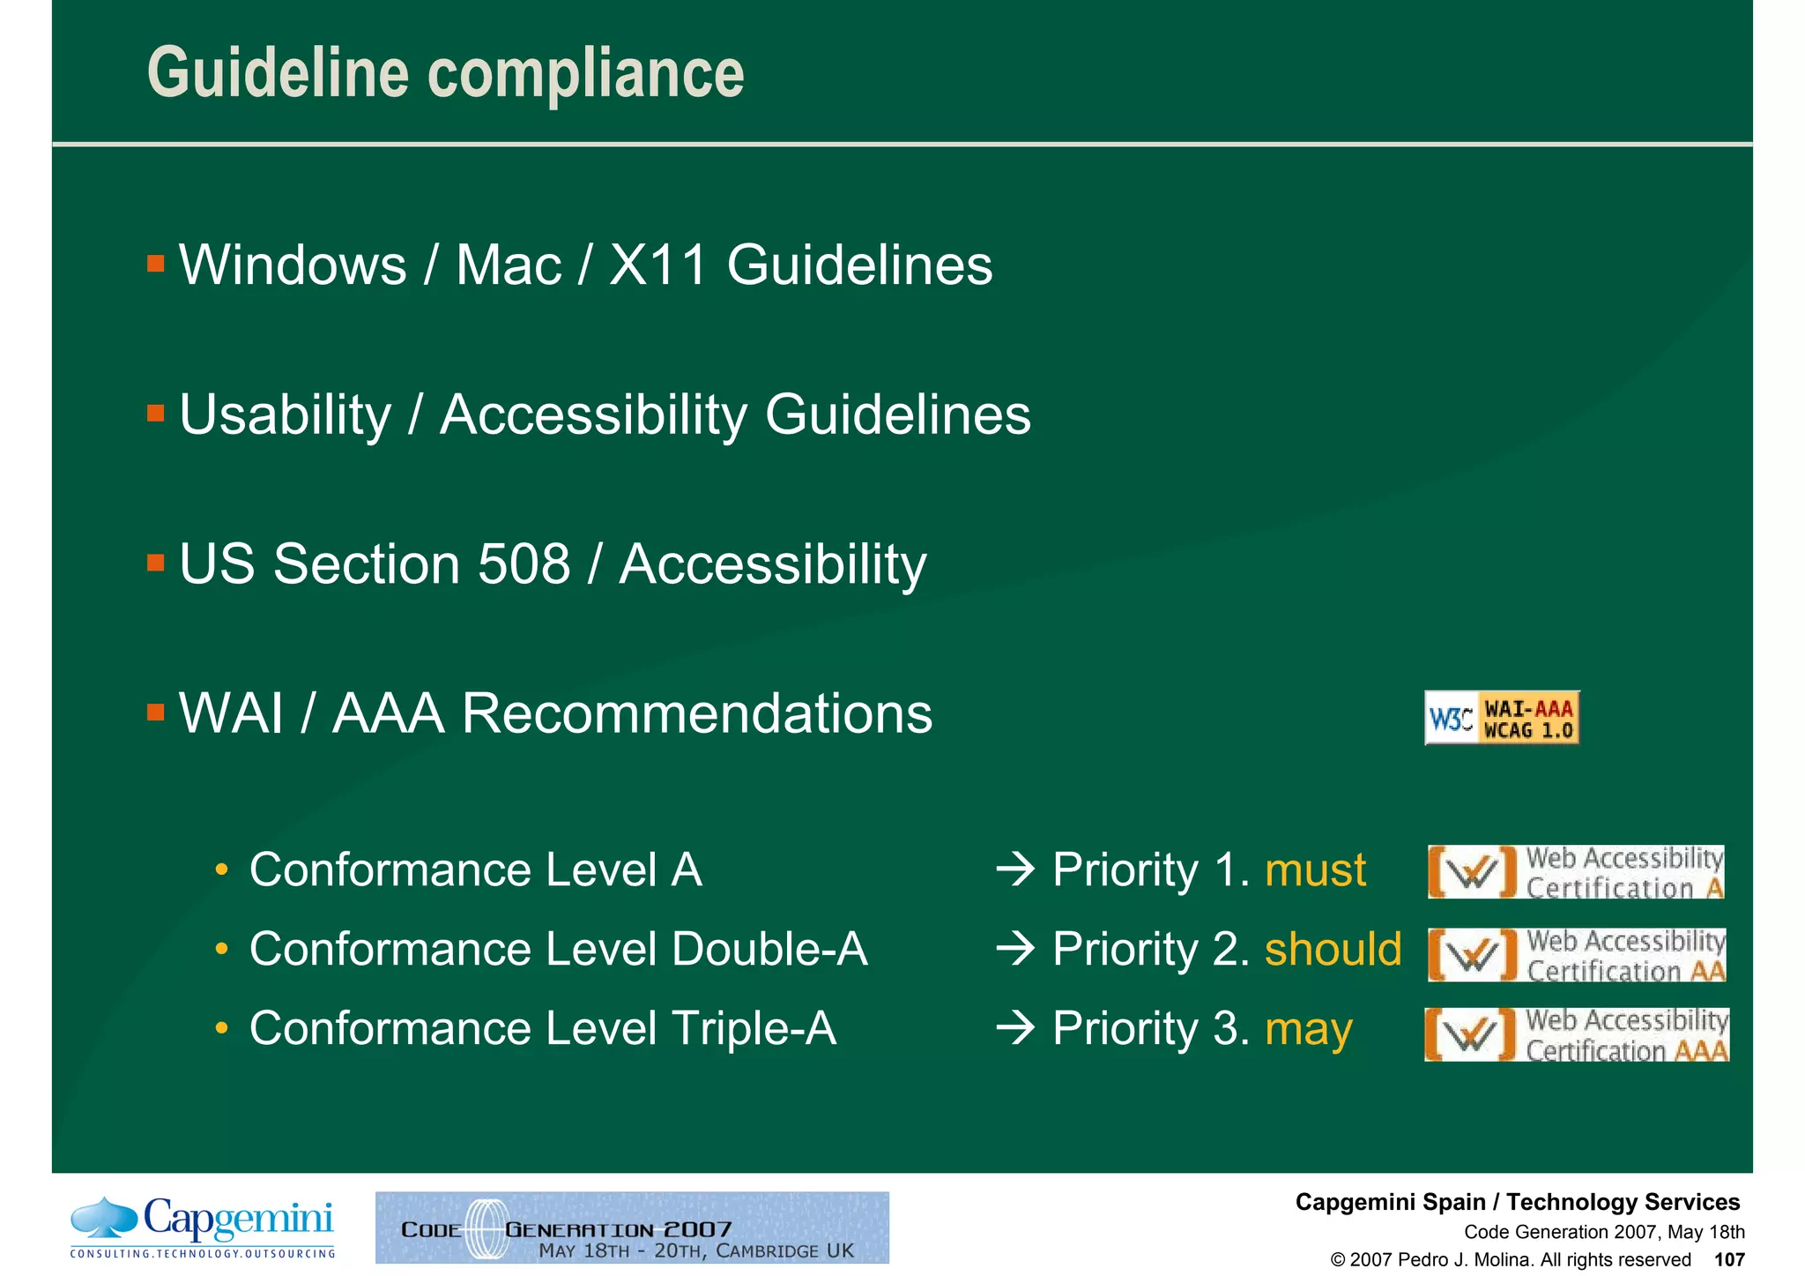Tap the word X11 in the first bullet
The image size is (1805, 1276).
pos(657,265)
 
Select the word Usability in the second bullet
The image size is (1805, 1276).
pos(285,414)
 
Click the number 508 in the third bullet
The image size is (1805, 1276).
pos(524,563)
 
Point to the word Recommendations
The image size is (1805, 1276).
pos(696,713)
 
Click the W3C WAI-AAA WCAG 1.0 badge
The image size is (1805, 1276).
pos(1501,718)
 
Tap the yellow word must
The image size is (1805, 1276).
pos(1314,870)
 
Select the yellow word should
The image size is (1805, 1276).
pos(1332,950)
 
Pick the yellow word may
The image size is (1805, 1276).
pos(1308,1029)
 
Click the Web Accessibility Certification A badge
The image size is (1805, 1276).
pos(1575,872)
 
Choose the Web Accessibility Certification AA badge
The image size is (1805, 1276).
pos(1576,955)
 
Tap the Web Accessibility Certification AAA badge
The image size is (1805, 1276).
pos(1576,1034)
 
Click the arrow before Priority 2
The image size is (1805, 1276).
pos(1015,950)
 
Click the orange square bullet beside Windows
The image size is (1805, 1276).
pos(156,264)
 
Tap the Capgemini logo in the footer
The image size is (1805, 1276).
pos(203,1227)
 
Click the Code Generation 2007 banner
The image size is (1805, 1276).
pos(632,1227)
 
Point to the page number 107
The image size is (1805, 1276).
pos(1728,1259)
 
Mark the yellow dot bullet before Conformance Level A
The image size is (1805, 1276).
pos(222,871)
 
